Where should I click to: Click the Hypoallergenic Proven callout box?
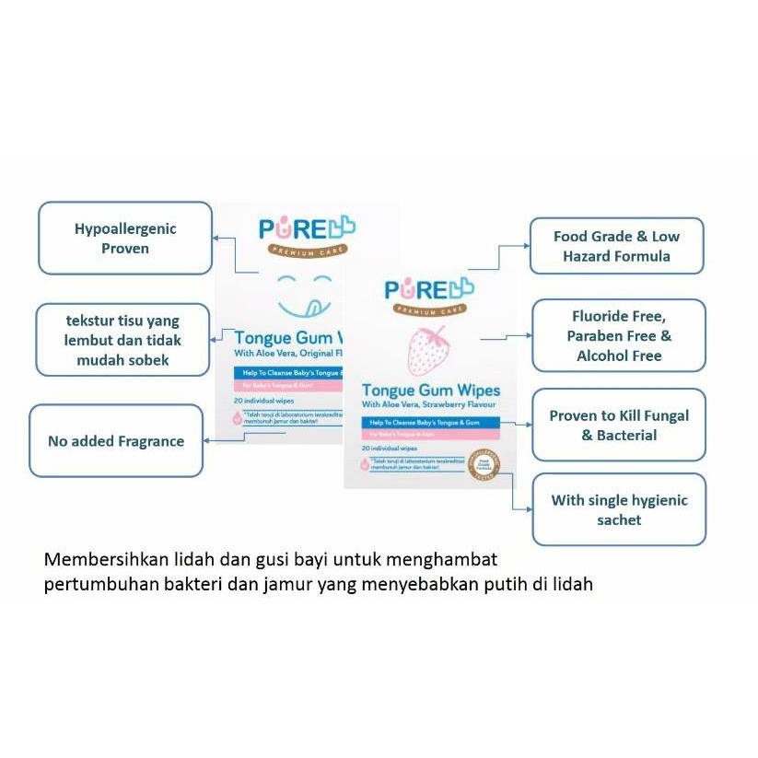click(124, 238)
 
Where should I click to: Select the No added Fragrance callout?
click(116, 441)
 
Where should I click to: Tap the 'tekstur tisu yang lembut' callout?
click(122, 341)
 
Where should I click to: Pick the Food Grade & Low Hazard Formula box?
click(616, 246)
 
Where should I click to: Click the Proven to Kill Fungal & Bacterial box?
click(619, 425)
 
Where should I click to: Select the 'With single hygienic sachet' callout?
click(619, 509)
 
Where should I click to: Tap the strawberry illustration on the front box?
click(428, 351)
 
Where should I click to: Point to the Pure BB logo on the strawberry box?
click(429, 289)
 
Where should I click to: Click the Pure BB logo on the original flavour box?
click(307, 229)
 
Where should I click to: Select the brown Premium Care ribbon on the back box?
click(307, 251)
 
